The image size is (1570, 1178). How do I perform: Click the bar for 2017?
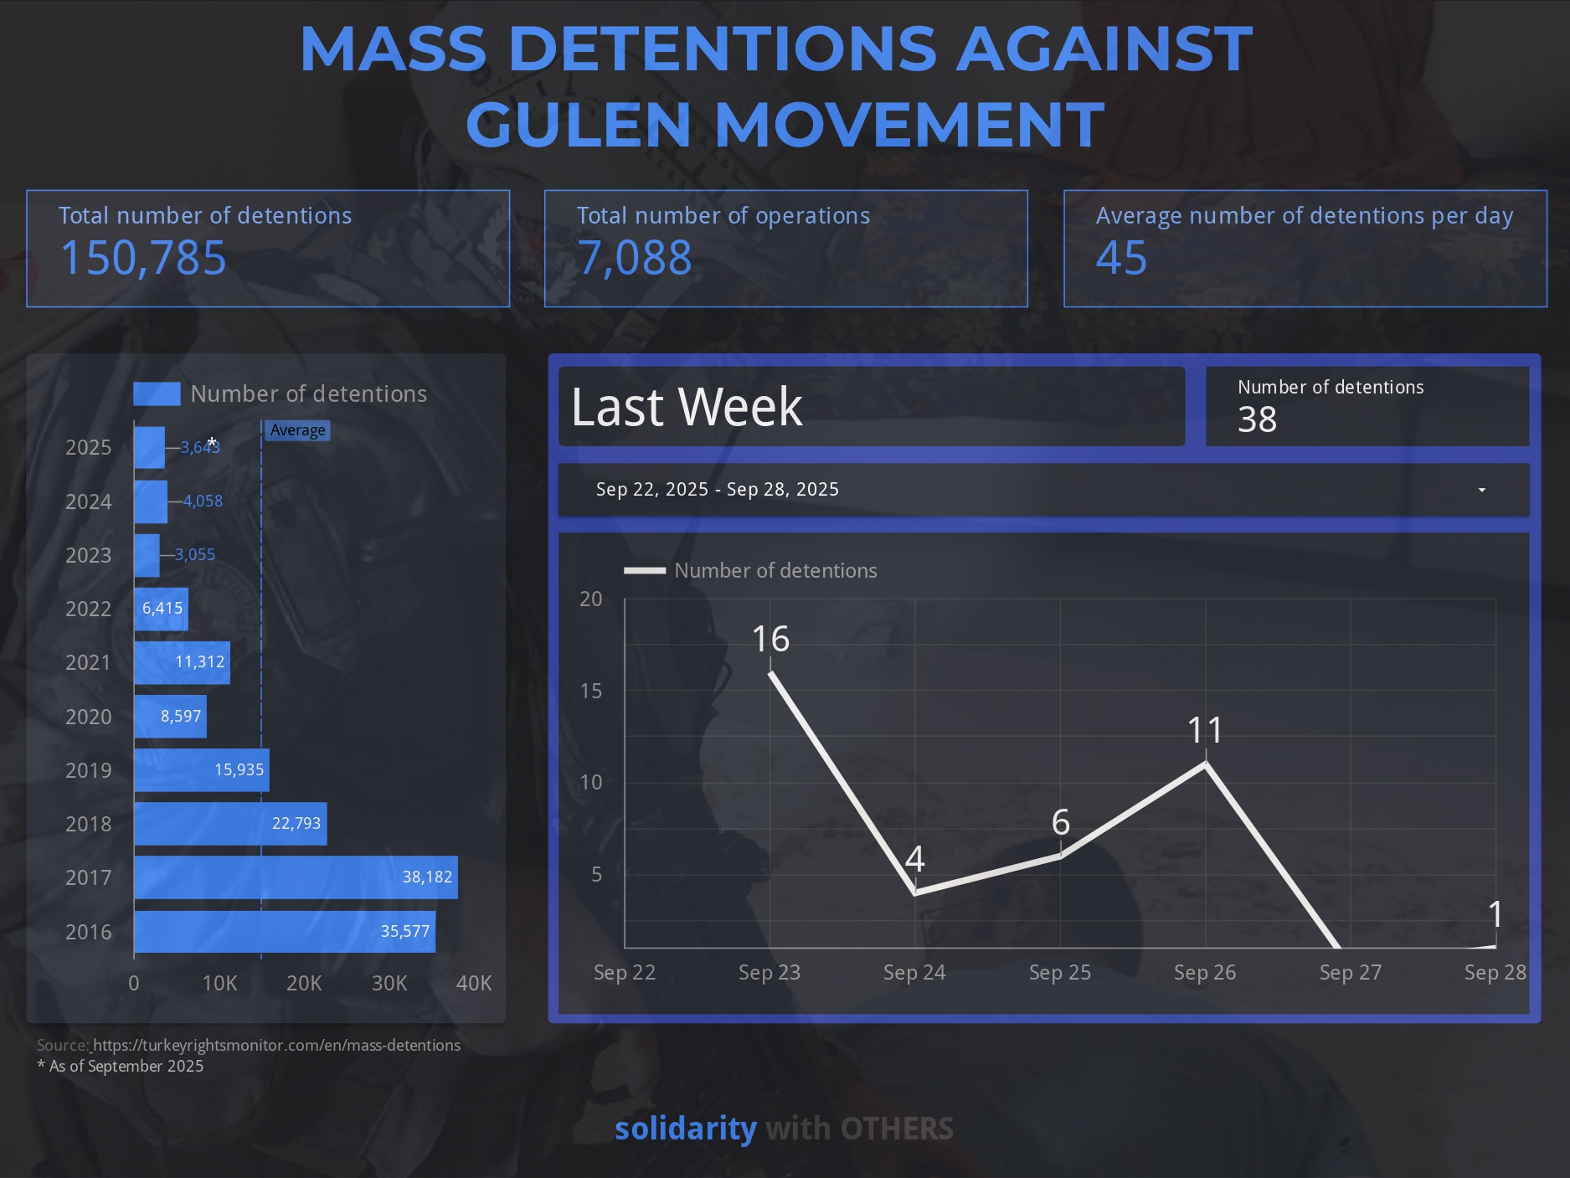pyautogui.click(x=296, y=877)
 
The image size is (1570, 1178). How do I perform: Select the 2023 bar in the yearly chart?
pyautogui.click(x=147, y=555)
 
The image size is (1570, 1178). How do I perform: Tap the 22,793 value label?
pyautogui.click(x=296, y=824)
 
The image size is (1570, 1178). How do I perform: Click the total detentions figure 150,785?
pyautogui.click(x=143, y=258)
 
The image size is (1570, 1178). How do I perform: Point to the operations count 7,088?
pyautogui.click(x=635, y=258)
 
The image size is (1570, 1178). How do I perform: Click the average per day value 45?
pyautogui.click(x=1121, y=258)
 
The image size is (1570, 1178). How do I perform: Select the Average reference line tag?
pyautogui.click(x=297, y=430)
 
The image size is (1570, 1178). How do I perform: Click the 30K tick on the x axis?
pyautogui.click(x=389, y=983)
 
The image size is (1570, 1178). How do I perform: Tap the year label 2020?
pyautogui.click(x=88, y=717)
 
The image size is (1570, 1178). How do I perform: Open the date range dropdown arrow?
pyautogui.click(x=1481, y=490)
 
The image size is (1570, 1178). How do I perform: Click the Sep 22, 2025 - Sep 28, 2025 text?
pyautogui.click(x=717, y=490)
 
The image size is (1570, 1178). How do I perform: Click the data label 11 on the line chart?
pyautogui.click(x=1205, y=731)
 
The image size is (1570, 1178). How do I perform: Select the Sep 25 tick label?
pyautogui.click(x=1059, y=972)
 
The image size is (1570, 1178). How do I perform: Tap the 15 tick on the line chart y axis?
pyautogui.click(x=590, y=691)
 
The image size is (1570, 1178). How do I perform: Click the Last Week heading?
pyautogui.click(x=687, y=407)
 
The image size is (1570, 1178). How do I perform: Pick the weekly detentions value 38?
pyautogui.click(x=1257, y=419)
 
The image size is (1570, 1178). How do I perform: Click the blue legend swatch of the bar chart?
pyautogui.click(x=157, y=394)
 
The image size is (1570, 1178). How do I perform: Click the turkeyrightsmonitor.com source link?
pyautogui.click(x=276, y=1045)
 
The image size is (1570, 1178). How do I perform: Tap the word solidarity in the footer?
pyautogui.click(x=685, y=1129)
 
